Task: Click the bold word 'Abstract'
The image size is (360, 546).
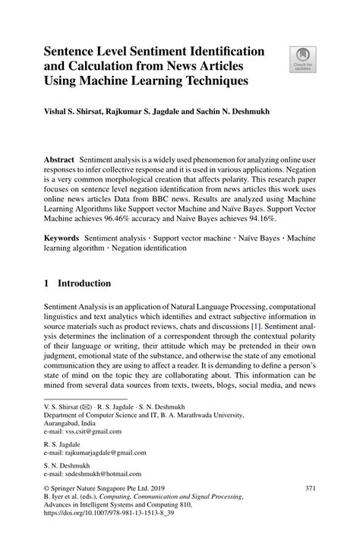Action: (58, 162)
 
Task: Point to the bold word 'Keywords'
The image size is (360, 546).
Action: (60, 238)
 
